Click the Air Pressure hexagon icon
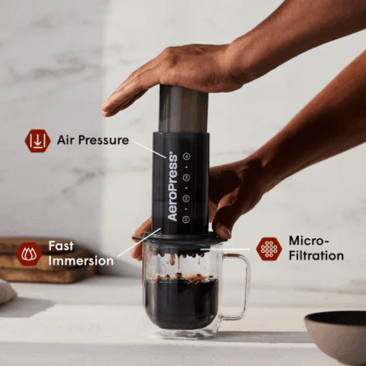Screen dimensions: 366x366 37,140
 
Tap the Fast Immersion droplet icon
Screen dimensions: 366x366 29,254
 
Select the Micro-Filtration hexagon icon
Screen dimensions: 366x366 269,249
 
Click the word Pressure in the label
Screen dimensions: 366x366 104,140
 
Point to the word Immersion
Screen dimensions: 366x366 81,261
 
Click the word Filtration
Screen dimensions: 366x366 316,255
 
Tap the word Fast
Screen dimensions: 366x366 61,246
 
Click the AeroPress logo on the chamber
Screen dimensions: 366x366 173,187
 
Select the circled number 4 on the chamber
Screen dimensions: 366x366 186,156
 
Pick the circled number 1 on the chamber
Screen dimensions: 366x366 186,220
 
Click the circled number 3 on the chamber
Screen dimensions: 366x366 186,178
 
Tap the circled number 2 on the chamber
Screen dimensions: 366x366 186,198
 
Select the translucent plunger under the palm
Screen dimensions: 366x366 183,108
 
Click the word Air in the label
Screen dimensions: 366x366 66,140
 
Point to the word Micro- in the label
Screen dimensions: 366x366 309,241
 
